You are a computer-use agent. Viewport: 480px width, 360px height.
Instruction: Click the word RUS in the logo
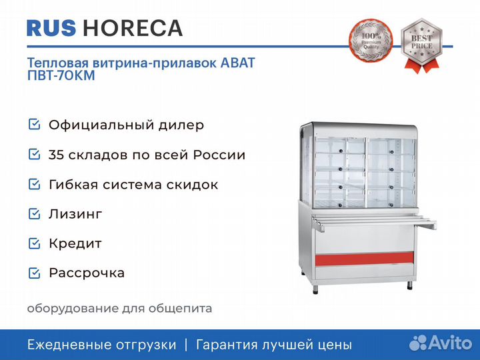tap(51, 28)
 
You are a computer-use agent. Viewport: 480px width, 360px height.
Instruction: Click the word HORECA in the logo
tap(133, 28)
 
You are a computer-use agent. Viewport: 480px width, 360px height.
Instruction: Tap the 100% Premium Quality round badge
tap(371, 41)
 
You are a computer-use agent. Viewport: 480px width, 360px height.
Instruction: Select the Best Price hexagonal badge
tap(421, 45)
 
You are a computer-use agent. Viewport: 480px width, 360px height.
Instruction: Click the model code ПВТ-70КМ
tap(61, 75)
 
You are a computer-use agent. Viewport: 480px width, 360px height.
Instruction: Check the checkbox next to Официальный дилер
tap(34, 124)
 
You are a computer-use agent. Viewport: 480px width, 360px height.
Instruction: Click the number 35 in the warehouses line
tap(56, 155)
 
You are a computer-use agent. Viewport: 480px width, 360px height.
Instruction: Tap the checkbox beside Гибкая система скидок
tap(34, 184)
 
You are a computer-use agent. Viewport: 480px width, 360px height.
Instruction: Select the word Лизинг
tap(75, 214)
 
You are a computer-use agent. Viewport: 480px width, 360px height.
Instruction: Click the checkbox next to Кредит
tap(34, 243)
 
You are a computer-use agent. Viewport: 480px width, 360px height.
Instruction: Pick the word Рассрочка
tap(87, 273)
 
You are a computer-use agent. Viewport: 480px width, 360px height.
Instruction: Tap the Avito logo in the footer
tap(441, 343)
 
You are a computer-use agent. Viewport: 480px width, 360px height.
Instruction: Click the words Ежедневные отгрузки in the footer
tap(102, 345)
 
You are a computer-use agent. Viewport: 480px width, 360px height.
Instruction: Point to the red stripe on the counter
tap(364, 259)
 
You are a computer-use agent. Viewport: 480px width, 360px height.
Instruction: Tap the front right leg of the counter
tap(409, 285)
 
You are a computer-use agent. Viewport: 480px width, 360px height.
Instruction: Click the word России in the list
tap(219, 155)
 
